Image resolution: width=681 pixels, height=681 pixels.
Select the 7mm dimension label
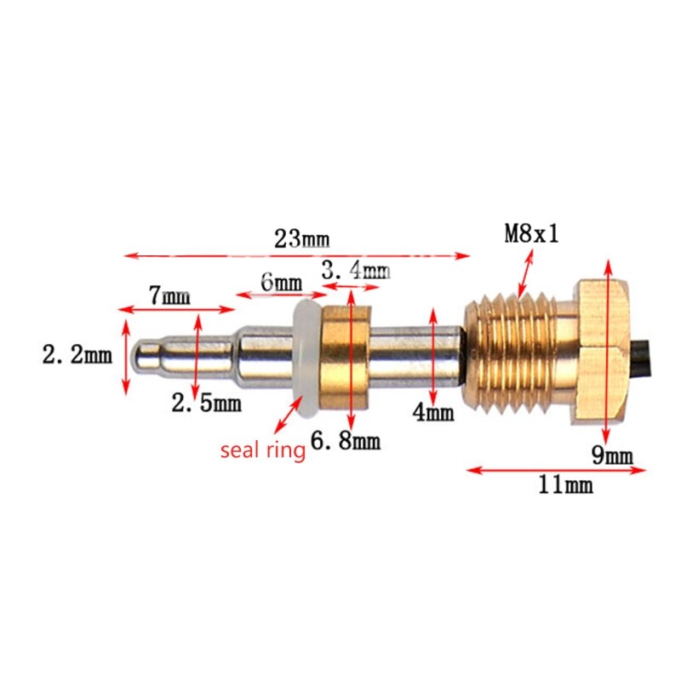coord(169,296)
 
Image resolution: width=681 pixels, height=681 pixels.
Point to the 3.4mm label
coord(355,272)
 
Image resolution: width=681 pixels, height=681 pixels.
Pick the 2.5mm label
coord(206,403)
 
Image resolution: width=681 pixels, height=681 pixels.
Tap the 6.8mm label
coord(345,441)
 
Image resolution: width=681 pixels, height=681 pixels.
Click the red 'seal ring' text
coord(262,450)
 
